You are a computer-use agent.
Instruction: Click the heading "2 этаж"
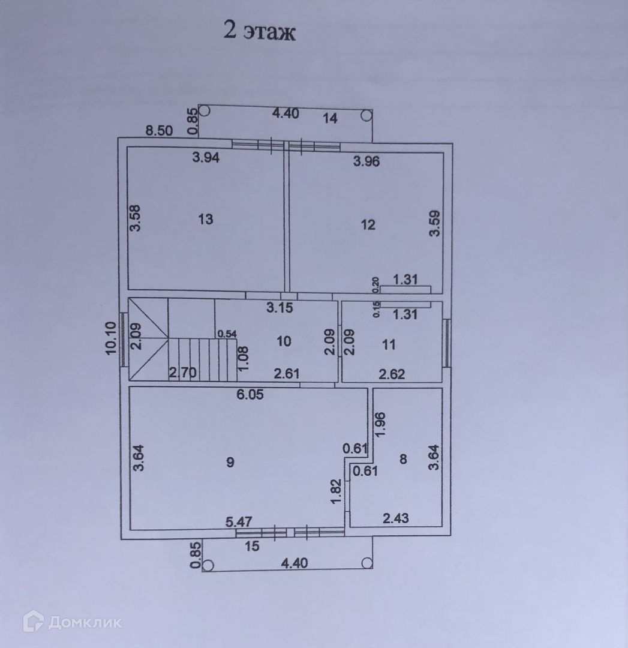[x=260, y=31]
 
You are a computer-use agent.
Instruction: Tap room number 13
[x=206, y=219]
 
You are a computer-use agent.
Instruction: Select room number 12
[x=368, y=225]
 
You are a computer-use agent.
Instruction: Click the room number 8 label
[x=403, y=459]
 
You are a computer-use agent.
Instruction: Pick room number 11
[x=389, y=344]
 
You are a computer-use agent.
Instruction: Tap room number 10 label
[x=284, y=341]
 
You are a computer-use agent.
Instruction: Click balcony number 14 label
[x=330, y=118]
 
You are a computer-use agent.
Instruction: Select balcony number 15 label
[x=252, y=546]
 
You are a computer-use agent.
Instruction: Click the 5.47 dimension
[x=238, y=523]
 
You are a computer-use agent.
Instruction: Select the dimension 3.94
[x=206, y=158]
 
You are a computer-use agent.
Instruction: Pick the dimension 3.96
[x=366, y=161]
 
